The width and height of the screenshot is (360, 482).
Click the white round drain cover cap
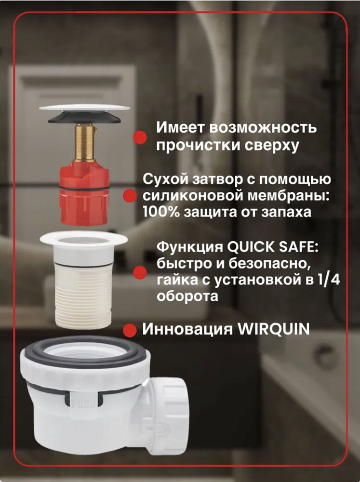point(84,107)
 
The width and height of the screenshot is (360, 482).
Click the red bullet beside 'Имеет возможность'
point(140,137)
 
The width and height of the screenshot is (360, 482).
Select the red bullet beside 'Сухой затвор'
point(130,196)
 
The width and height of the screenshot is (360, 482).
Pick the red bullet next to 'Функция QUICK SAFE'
point(140,272)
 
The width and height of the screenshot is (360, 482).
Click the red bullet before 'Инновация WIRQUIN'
point(130,330)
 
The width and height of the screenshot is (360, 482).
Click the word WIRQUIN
point(274,329)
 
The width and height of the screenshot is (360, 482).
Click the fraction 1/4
point(328,280)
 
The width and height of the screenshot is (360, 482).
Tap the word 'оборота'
point(187,296)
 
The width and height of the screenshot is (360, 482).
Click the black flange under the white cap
point(84,118)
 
